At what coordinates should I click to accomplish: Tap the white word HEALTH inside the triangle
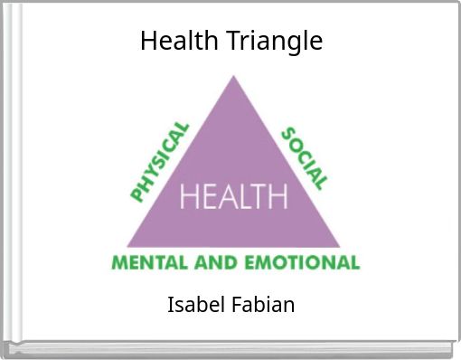click(234, 195)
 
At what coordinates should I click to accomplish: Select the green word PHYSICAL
click(160, 163)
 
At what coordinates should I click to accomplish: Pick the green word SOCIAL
click(305, 157)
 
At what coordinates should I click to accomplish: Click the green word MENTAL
click(149, 263)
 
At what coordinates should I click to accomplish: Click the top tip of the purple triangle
click(234, 76)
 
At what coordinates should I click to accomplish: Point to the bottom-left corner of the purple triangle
click(127, 246)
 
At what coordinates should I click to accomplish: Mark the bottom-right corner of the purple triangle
click(340, 246)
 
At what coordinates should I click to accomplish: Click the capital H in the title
click(148, 41)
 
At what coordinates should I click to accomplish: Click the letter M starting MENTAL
click(118, 263)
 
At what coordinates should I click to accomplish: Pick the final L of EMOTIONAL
click(355, 263)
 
